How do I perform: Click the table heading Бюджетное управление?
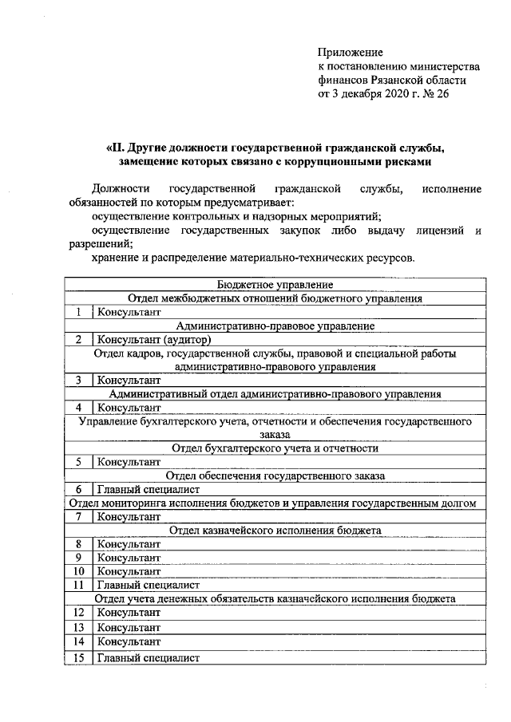[275, 285]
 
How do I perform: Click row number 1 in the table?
[79, 312]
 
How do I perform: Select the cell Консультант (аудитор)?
[153, 339]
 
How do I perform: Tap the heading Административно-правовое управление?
[275, 325]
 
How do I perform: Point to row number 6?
[79, 489]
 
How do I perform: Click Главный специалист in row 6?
[148, 489]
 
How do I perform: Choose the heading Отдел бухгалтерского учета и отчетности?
[275, 448]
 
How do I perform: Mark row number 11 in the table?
[79, 584]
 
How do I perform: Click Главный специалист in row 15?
[148, 658]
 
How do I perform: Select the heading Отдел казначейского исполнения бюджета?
[275, 530]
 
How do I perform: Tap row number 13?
[79, 628]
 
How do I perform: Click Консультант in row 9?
[129, 557]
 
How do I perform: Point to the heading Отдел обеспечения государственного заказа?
[275, 475]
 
